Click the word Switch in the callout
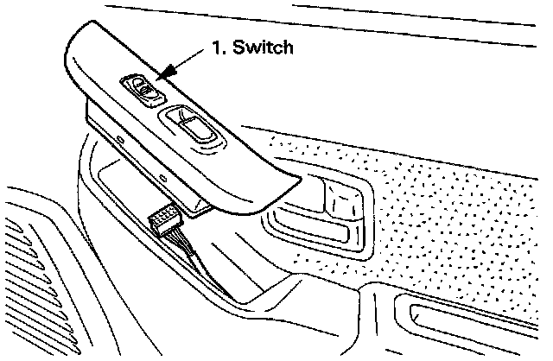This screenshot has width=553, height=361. click(x=263, y=48)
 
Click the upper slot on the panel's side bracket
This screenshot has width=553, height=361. click(x=120, y=138)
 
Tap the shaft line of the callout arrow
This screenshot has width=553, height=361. click(x=186, y=63)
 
